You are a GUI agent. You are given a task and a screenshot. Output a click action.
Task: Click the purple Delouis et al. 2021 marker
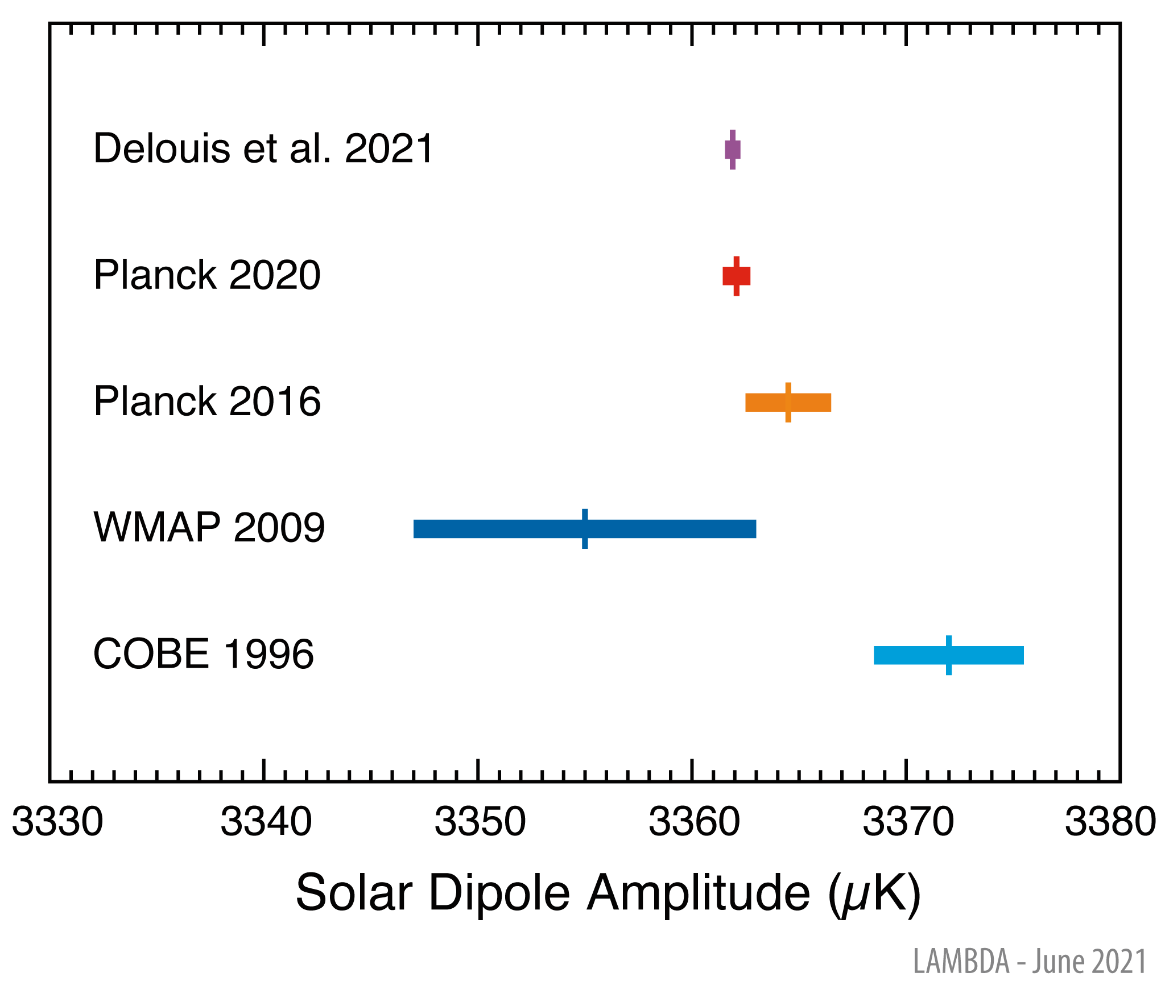732,150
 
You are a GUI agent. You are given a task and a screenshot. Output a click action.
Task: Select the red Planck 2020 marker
736,276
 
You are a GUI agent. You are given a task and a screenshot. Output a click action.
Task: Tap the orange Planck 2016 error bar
788,402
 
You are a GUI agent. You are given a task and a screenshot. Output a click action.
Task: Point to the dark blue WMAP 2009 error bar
584,529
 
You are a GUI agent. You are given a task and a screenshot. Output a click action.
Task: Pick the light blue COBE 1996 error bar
948,655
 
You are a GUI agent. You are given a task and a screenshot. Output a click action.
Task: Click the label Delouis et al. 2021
263,149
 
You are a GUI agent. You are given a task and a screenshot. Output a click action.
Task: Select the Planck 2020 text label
207,275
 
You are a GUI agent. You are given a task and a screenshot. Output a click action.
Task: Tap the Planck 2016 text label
207,402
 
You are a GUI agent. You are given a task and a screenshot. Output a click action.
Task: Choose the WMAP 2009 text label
209,528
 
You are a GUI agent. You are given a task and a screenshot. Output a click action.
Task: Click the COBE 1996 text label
203,654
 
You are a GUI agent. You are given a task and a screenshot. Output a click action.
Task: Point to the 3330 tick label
57,822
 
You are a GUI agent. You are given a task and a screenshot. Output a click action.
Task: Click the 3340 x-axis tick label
266,822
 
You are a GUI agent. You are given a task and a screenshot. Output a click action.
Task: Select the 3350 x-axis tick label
480,822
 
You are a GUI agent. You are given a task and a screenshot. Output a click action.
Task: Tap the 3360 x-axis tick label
694,822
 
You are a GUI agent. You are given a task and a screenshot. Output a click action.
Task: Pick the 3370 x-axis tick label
908,822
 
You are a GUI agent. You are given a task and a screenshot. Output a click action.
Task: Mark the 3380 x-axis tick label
1110,822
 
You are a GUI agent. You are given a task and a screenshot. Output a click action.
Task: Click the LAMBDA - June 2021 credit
1030,961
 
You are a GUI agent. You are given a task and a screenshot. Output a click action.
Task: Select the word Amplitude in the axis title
699,893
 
